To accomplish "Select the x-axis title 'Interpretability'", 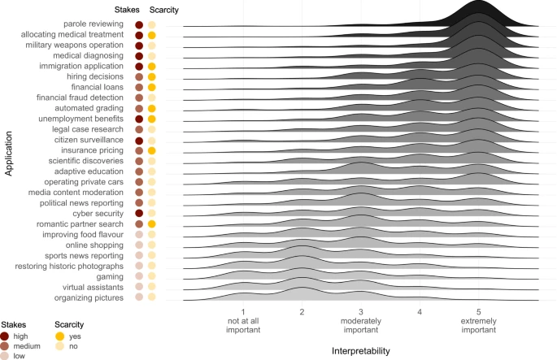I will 360,350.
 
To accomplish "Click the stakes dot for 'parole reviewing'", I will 139,24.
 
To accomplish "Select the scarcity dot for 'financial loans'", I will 151,87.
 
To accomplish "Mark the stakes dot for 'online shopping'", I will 139,245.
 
